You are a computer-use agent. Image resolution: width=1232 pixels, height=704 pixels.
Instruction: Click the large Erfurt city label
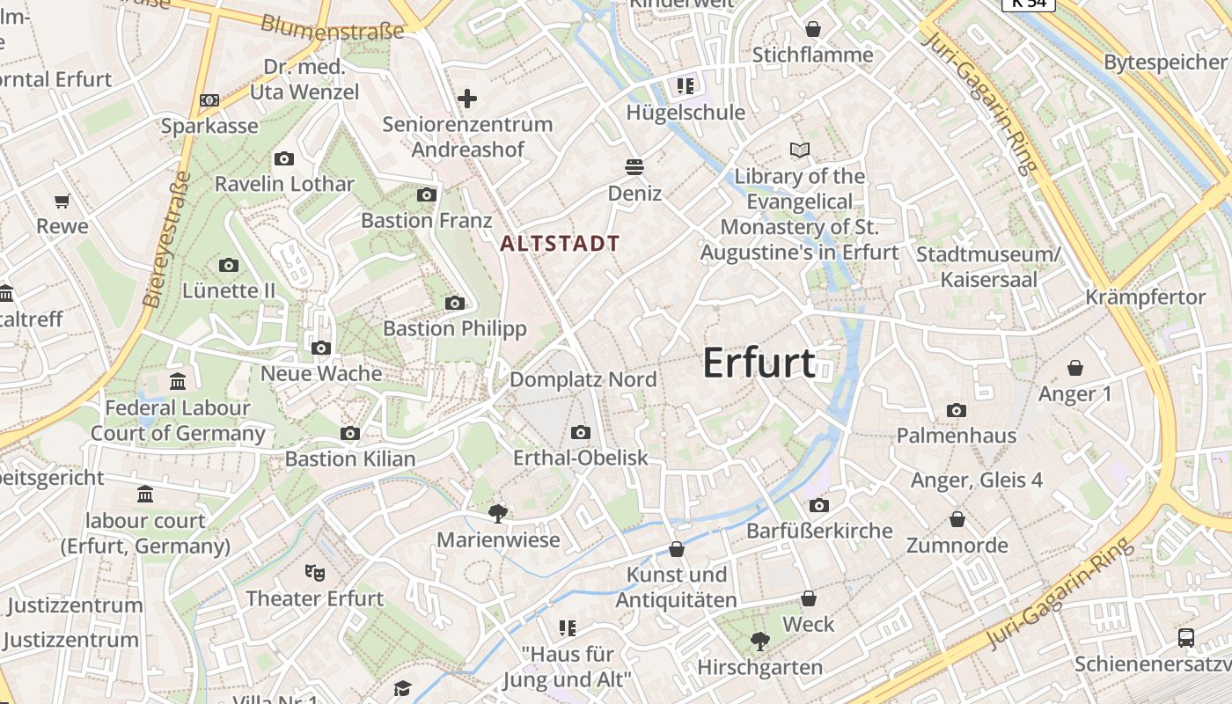click(759, 363)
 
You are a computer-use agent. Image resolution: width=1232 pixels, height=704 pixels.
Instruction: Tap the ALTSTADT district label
click(560, 244)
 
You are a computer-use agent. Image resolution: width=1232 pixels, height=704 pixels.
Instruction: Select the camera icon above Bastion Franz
click(427, 194)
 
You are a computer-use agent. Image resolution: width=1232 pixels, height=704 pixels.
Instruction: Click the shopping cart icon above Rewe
click(62, 201)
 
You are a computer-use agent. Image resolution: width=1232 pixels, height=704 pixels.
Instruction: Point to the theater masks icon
click(314, 572)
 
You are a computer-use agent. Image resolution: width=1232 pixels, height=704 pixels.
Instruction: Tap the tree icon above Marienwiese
click(498, 512)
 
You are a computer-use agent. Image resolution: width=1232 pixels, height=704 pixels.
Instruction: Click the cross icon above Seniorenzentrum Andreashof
click(467, 98)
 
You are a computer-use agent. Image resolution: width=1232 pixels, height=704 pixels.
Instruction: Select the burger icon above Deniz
click(634, 165)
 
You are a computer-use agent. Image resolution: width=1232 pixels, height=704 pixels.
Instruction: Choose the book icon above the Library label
click(800, 150)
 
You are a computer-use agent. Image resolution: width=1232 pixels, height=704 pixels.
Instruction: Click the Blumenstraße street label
click(333, 27)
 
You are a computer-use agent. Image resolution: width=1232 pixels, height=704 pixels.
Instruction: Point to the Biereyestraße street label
click(166, 238)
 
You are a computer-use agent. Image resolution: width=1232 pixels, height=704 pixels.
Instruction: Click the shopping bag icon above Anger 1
click(1074, 367)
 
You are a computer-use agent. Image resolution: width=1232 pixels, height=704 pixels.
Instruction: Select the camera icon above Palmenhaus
click(957, 410)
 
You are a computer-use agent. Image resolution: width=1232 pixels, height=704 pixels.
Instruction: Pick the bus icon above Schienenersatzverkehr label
click(1185, 637)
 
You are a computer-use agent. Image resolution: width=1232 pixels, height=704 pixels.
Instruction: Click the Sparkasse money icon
click(209, 100)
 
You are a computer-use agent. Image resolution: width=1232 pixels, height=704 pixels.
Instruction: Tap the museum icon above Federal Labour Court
click(178, 381)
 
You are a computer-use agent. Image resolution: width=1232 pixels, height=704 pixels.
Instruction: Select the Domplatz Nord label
click(583, 379)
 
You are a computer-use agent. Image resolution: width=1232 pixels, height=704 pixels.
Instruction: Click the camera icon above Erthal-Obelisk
click(580, 432)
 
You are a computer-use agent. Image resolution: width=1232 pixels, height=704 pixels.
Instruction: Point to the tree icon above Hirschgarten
click(759, 642)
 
